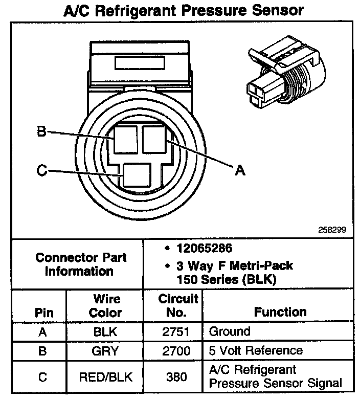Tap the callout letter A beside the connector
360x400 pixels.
coord(239,170)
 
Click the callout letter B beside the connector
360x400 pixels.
coord(41,132)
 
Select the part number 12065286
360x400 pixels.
coord(204,249)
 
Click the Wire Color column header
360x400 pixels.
coord(106,305)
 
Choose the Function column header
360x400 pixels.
coord(280,312)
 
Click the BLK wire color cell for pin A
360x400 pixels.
coord(106,331)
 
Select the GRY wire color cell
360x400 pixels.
coord(106,350)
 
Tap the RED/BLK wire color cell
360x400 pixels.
coord(106,377)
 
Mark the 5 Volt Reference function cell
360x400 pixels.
coord(256,350)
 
